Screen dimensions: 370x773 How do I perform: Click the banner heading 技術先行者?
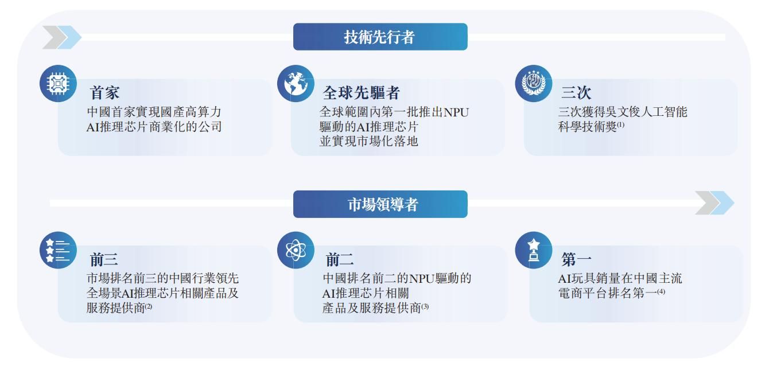(x=380, y=37)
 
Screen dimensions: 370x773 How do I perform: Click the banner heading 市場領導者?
(x=380, y=205)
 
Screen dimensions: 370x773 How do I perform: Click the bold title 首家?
(x=105, y=93)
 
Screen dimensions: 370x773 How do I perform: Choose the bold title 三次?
(x=576, y=93)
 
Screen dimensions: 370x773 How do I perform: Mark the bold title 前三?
(x=105, y=260)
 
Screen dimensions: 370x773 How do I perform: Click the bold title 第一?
(x=576, y=260)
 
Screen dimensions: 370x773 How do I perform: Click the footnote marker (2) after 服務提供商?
(x=148, y=309)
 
